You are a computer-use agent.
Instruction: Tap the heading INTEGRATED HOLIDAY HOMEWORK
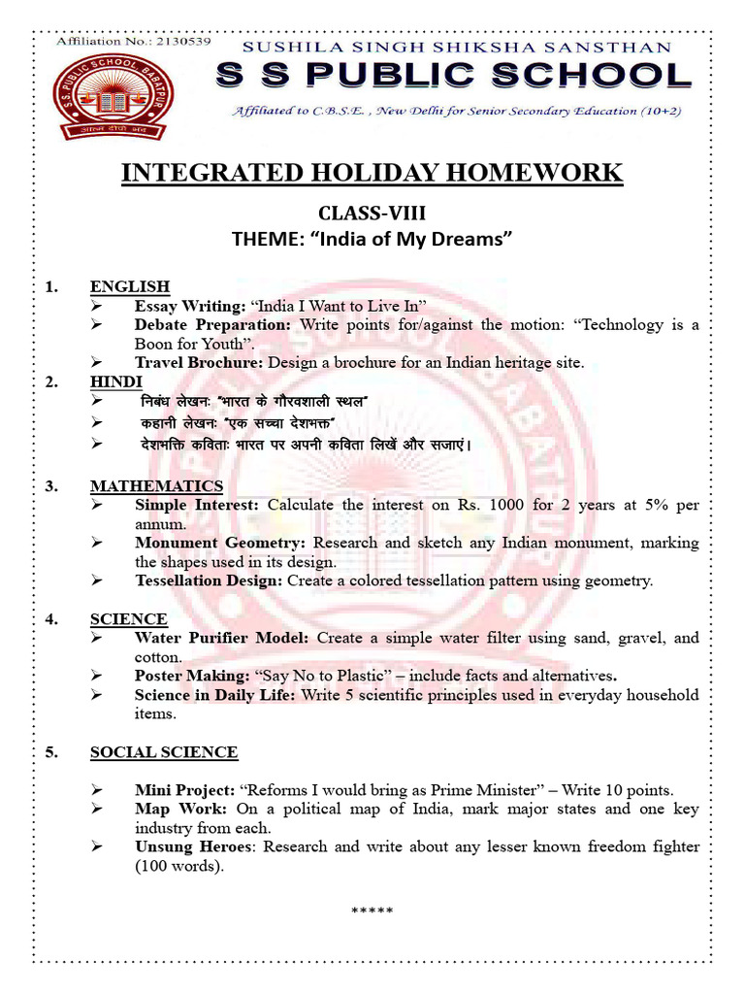(x=372, y=173)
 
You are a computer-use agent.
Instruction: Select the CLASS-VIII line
(x=372, y=213)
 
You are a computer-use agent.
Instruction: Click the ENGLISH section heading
(x=130, y=286)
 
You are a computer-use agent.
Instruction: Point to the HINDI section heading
(x=116, y=381)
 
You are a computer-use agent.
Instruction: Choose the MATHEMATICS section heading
(x=156, y=485)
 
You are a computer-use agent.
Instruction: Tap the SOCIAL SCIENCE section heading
(x=164, y=752)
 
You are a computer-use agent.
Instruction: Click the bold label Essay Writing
(x=190, y=306)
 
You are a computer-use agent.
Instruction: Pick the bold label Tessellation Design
(x=208, y=580)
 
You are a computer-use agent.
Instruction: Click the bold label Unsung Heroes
(x=194, y=846)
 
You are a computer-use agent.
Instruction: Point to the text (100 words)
(x=179, y=866)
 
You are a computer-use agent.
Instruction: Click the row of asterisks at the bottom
(x=372, y=911)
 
